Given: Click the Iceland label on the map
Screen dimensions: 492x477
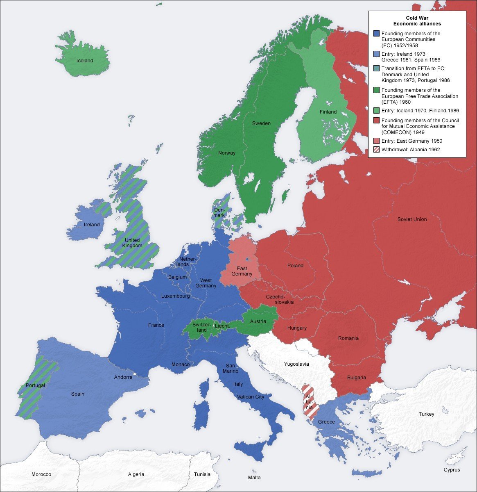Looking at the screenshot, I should pyautogui.click(x=85, y=61).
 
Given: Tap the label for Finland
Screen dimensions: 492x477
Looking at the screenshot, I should pyautogui.click(x=328, y=112).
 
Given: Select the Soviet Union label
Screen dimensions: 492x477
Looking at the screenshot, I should pyautogui.click(x=412, y=219).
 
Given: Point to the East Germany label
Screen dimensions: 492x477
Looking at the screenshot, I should pyautogui.click(x=239, y=271).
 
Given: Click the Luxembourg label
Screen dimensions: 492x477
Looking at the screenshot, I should pyautogui.click(x=175, y=296).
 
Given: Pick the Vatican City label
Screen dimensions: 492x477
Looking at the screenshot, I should pyautogui.click(x=251, y=397).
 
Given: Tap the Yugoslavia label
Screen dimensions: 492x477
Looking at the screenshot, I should pyautogui.click(x=296, y=364).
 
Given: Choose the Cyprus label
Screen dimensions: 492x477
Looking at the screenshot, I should pyautogui.click(x=451, y=470).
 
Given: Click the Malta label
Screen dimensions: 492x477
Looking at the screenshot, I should pyautogui.click(x=254, y=477).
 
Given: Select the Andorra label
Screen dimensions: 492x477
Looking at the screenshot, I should pyautogui.click(x=123, y=377).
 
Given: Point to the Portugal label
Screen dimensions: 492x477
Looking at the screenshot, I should pyautogui.click(x=35, y=385).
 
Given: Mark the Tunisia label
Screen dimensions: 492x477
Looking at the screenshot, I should pyautogui.click(x=202, y=474).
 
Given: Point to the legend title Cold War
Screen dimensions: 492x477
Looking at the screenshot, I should pyautogui.click(x=417, y=18).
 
